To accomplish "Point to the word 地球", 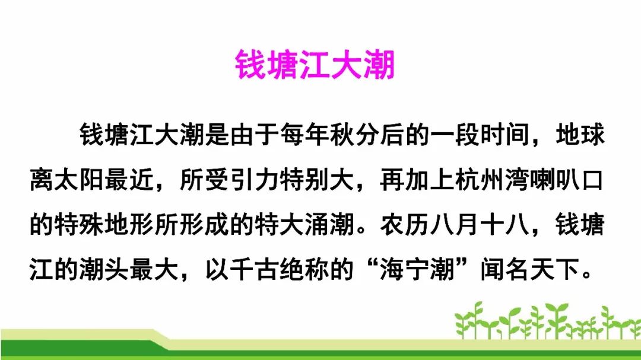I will click(580, 136).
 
